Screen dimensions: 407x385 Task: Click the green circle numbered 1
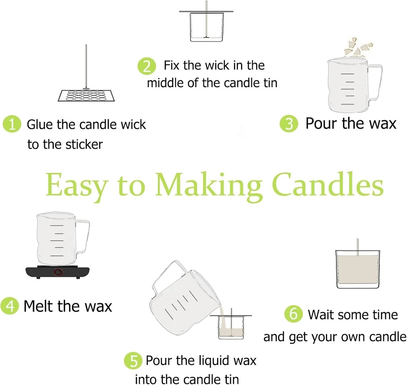(12, 124)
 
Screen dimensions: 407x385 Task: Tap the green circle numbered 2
(147, 66)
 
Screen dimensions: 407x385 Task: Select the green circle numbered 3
(289, 124)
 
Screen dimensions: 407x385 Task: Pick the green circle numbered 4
(10, 306)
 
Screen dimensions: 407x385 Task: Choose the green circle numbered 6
(293, 314)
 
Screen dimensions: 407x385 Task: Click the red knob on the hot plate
(58, 272)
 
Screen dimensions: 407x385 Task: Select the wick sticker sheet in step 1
(86, 96)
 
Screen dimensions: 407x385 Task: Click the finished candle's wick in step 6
(357, 247)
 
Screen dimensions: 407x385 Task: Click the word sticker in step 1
(84, 145)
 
